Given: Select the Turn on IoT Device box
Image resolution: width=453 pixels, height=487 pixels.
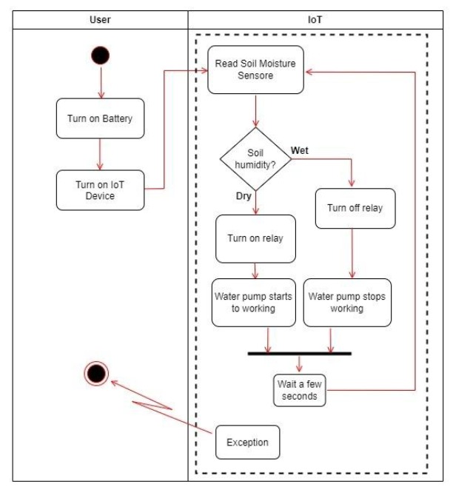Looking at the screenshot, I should coord(100,190).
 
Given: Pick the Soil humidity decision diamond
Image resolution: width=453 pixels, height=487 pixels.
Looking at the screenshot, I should coord(255,160).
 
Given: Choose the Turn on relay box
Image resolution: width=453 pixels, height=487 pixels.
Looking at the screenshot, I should coord(255,239).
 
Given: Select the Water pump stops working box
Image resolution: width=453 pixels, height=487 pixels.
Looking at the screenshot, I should coord(346,301).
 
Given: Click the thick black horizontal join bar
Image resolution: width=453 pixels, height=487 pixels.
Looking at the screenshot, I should coord(299,354).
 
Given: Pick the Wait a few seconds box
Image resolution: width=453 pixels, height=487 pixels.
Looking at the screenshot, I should coord(299,389).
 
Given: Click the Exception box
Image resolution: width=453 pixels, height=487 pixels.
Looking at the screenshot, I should coord(248,443).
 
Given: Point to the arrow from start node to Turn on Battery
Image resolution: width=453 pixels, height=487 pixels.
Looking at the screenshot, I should coord(99,82).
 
